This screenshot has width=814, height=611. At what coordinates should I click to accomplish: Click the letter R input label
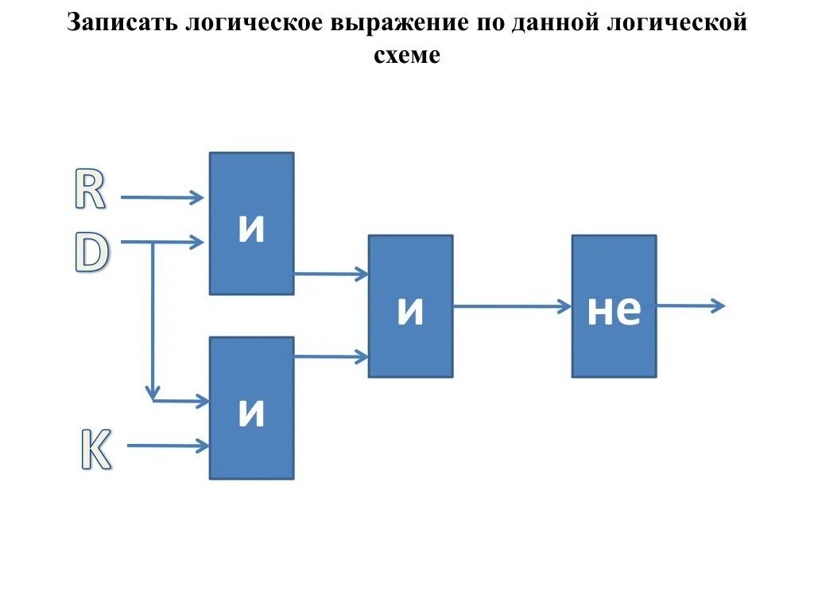(x=90, y=190)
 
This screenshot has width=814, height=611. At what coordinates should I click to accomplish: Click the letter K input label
(x=95, y=449)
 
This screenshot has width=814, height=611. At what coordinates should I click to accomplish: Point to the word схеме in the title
(x=406, y=56)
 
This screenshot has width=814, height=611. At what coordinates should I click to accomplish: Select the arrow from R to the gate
(x=162, y=198)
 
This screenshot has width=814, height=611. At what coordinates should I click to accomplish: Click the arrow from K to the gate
(x=167, y=446)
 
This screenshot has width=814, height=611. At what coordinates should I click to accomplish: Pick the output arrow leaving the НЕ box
(x=690, y=305)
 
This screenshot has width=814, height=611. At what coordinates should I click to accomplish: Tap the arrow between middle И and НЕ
(x=512, y=305)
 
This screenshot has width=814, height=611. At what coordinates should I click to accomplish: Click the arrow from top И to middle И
(x=331, y=274)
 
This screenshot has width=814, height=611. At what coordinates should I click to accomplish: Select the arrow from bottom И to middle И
(x=331, y=356)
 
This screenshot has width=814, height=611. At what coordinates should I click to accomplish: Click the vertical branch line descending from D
(x=152, y=318)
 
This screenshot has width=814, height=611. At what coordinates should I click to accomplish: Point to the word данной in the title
(x=567, y=22)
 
